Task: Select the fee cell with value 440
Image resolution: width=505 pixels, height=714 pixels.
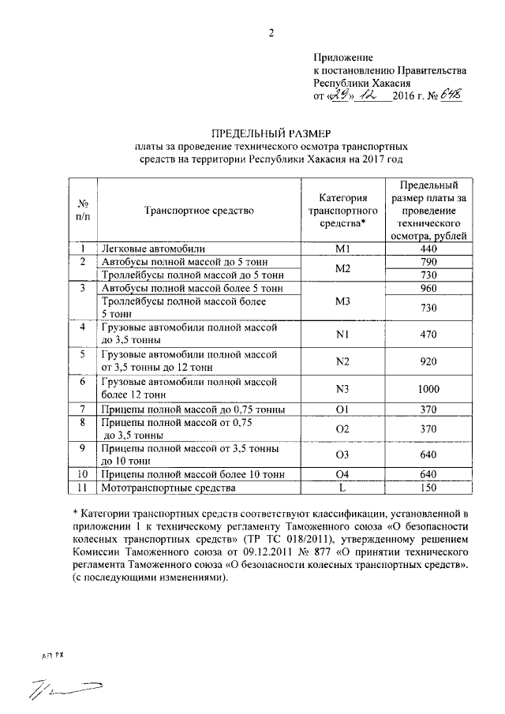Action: [428, 249]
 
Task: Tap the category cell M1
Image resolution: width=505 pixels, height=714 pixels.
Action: [342, 249]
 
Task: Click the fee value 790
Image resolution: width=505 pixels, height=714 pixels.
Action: [428, 262]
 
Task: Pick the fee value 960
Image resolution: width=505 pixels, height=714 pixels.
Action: [428, 289]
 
